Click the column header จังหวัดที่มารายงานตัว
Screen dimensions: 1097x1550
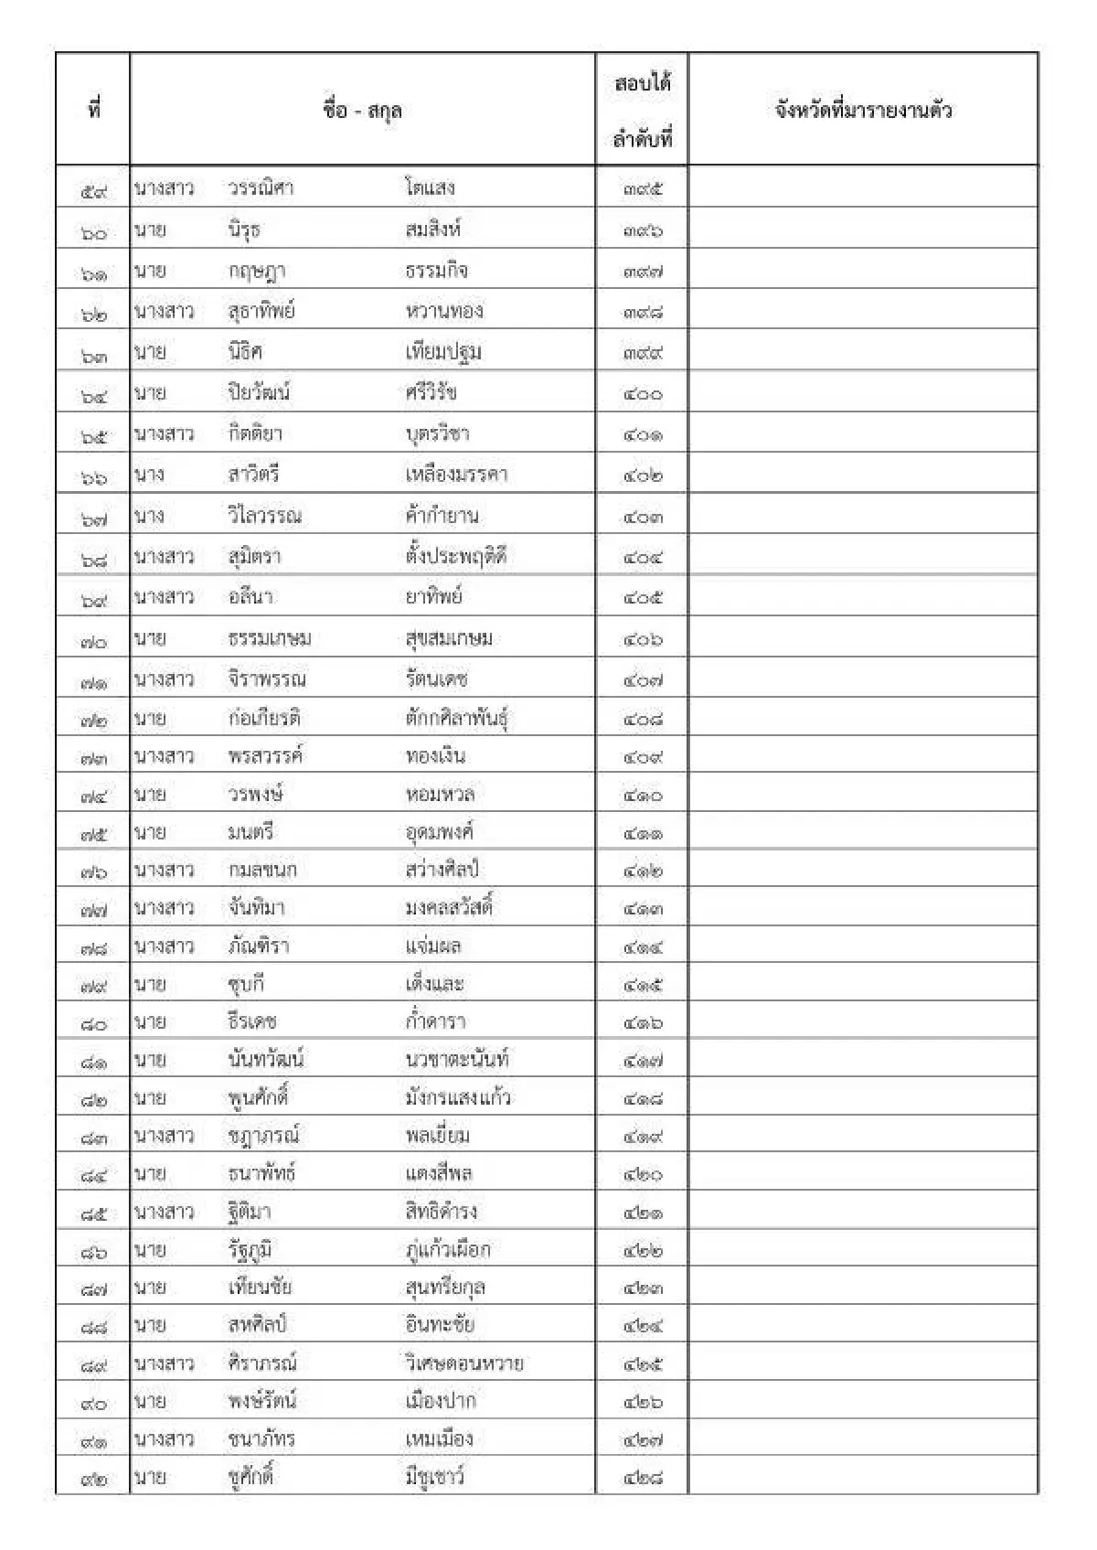863,111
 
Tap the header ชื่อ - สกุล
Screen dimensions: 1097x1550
363,111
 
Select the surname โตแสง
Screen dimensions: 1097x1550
430,188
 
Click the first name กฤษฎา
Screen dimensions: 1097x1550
257,271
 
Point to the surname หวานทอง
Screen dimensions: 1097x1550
444,311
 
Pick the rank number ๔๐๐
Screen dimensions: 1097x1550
643,394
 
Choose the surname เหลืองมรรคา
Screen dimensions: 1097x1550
456,475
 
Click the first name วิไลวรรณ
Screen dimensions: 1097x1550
265,516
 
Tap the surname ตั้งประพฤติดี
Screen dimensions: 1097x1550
455,556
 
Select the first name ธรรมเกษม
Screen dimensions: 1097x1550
270,638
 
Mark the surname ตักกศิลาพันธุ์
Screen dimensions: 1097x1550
457,718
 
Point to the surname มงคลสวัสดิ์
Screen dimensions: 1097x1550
449,908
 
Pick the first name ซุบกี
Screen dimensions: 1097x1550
247,984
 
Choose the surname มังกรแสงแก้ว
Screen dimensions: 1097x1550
458,1097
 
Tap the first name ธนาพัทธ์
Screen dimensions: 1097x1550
261,1173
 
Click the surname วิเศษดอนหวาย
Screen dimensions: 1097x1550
464,1363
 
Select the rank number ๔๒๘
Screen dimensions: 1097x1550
643,1477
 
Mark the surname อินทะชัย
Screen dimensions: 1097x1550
440,1325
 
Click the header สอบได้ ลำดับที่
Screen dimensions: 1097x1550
643,111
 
